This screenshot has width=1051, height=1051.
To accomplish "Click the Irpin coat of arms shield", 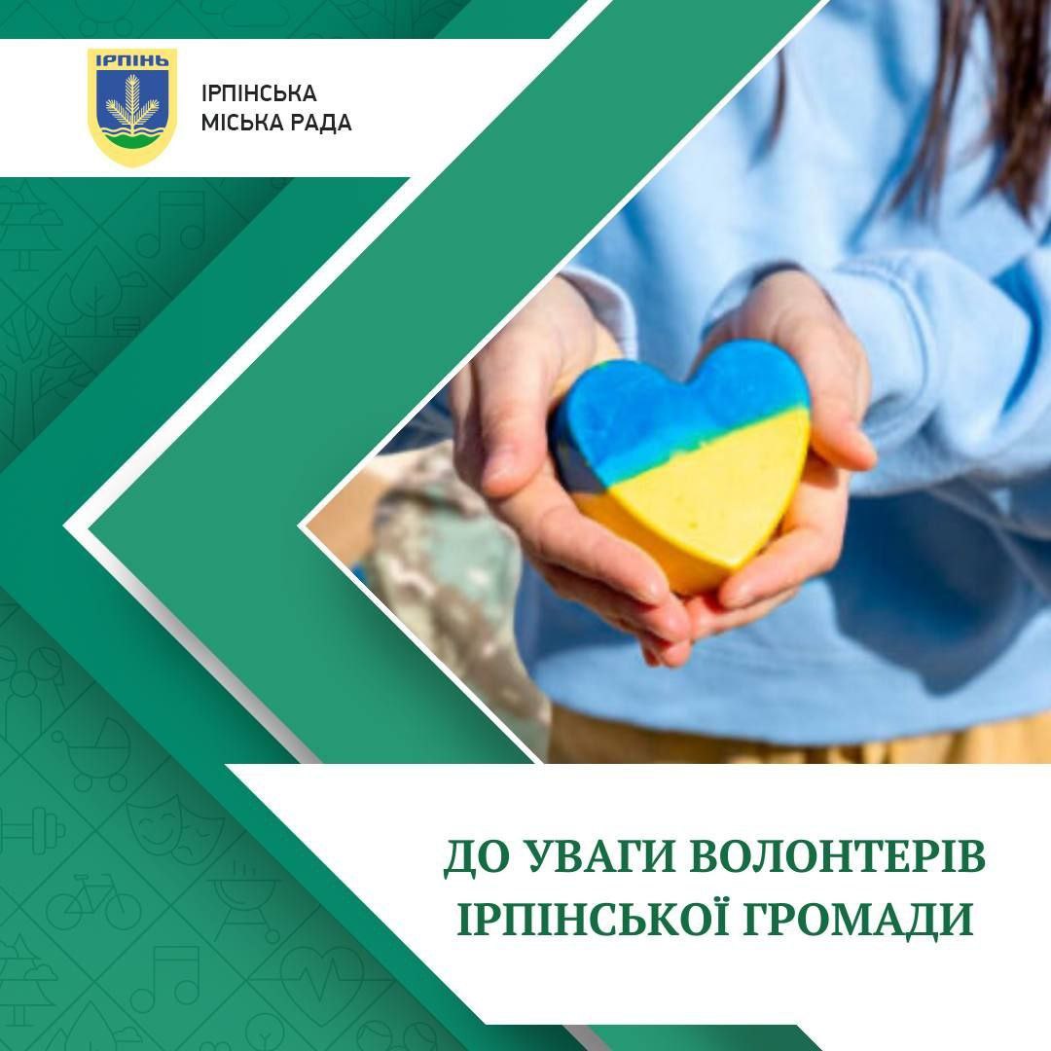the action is (132, 106).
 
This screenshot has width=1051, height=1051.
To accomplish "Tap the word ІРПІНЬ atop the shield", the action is (132, 61).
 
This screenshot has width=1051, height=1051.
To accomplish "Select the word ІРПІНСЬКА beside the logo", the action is (259, 93).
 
